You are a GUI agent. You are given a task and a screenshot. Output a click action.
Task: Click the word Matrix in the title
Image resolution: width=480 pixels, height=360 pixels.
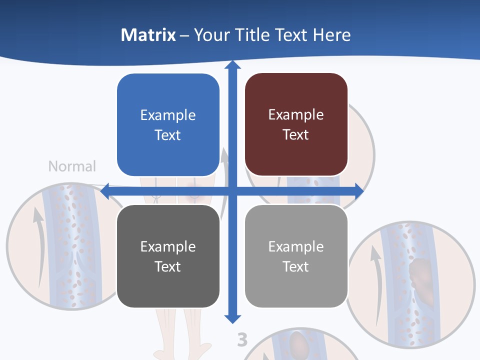pyautogui.click(x=148, y=35)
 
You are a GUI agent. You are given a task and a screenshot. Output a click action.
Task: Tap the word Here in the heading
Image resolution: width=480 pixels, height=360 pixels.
pyautogui.click(x=331, y=35)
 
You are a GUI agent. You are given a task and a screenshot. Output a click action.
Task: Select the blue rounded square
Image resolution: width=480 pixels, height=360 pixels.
pyautogui.click(x=168, y=125)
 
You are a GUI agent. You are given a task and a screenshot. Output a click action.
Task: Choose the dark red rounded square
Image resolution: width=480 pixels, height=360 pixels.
pyautogui.click(x=296, y=124)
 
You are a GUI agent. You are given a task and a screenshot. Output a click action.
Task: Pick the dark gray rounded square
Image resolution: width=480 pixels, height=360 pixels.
pyautogui.click(x=168, y=256)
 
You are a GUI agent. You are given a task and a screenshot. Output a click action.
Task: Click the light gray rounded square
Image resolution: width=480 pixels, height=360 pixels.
pyautogui.click(x=296, y=256)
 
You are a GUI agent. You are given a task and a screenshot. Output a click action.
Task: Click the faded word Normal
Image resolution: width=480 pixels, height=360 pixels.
pyautogui.click(x=72, y=166)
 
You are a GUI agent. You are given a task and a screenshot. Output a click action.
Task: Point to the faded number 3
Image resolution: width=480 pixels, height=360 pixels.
pyautogui.click(x=242, y=340)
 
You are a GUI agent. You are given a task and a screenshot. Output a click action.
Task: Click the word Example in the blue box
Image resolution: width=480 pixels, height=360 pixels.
pyautogui.click(x=168, y=115)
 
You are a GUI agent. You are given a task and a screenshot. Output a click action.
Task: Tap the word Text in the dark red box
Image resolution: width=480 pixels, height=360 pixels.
pyautogui.click(x=296, y=135)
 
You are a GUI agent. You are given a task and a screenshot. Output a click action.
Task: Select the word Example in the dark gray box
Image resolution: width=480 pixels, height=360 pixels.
pyautogui.click(x=168, y=246)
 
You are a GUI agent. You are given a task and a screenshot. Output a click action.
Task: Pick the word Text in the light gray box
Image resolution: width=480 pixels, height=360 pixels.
pyautogui.click(x=296, y=266)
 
